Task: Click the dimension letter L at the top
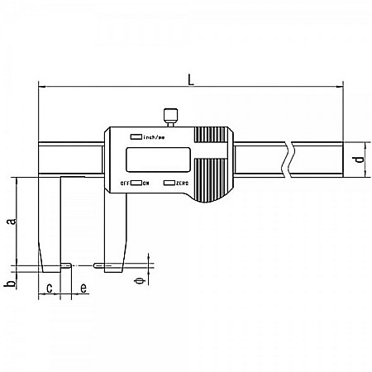tap(192, 79)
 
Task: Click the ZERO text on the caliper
tap(182, 182)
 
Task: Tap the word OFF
tap(125, 182)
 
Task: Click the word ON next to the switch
tap(145, 182)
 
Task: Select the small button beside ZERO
tap(169, 182)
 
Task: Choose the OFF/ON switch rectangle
tap(136, 182)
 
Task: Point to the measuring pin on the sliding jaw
tap(98, 265)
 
